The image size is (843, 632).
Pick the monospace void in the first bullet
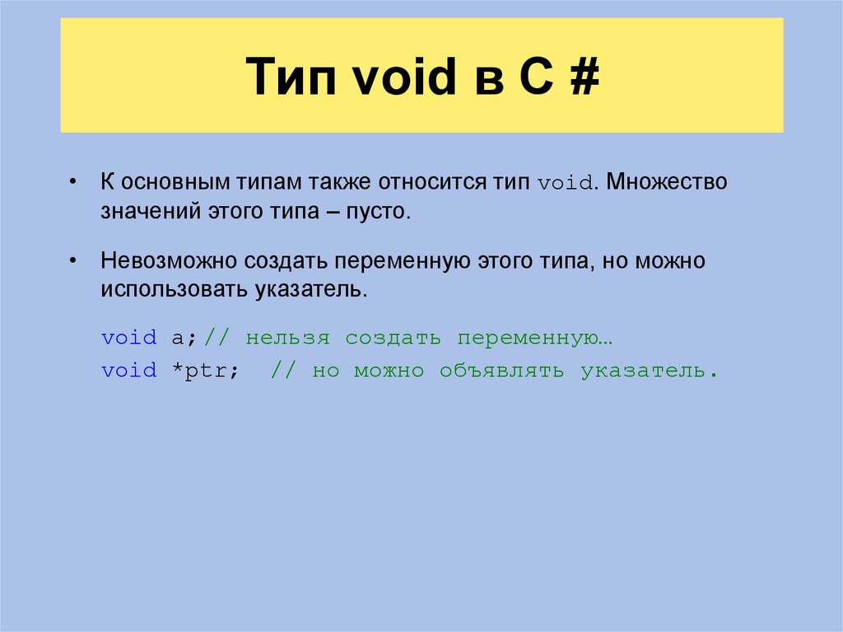click(566, 183)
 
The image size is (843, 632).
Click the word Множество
click(669, 182)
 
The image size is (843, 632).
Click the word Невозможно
click(169, 261)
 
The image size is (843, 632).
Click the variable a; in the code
click(182, 338)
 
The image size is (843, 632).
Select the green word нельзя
click(287, 338)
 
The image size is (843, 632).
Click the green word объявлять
click(501, 371)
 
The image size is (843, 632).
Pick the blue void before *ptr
click(129, 371)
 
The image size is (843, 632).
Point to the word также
click(337, 182)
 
